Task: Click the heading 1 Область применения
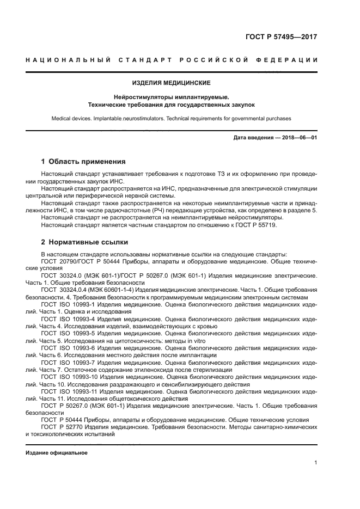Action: [83, 162]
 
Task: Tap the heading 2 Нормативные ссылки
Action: [84, 242]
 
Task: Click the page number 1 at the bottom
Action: [315, 463]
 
